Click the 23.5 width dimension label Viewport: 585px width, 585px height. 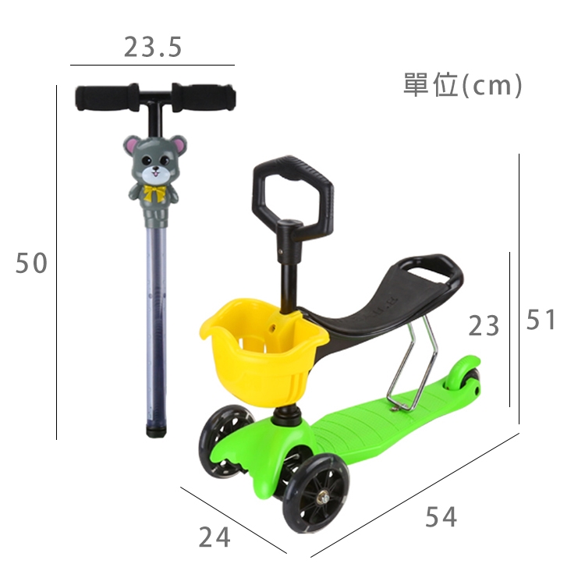[153, 48]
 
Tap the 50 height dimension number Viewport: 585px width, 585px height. [31, 263]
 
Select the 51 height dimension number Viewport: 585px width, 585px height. [541, 320]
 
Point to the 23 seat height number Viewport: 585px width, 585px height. [484, 325]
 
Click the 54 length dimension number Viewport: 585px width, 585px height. [441, 516]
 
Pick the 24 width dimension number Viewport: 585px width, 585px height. [214, 537]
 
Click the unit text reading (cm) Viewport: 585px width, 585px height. [491, 86]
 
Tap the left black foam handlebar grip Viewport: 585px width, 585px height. [107, 97]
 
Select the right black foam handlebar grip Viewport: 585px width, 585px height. [204, 97]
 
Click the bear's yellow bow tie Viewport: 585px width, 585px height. [155, 192]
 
